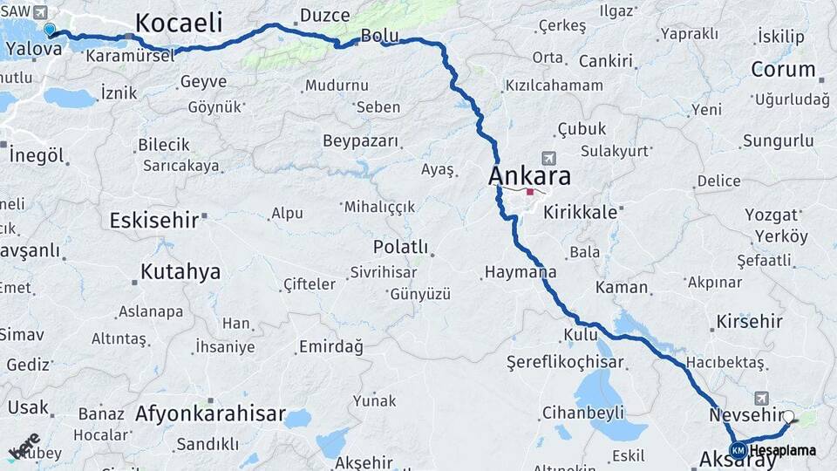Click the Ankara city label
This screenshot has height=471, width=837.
click(530, 176)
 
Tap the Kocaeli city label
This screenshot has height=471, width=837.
click(180, 23)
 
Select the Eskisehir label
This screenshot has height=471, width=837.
click(154, 220)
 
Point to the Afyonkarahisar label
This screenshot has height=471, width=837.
click(210, 413)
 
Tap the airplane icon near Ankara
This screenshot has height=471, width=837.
click(548, 158)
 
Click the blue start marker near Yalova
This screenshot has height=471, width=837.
click(50, 30)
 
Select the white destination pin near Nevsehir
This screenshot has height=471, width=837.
click(788, 417)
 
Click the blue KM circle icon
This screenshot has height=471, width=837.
click(738, 450)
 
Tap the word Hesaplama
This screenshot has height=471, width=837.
click(783, 451)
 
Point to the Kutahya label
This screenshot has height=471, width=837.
click(180, 271)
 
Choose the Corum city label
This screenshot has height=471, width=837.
click(783, 69)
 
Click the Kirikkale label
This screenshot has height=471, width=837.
click(581, 212)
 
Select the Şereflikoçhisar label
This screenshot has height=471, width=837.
click(565, 362)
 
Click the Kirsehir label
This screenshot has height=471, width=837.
click(749, 322)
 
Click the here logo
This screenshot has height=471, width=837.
click(24, 446)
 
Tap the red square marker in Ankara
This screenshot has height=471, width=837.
click(530, 192)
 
